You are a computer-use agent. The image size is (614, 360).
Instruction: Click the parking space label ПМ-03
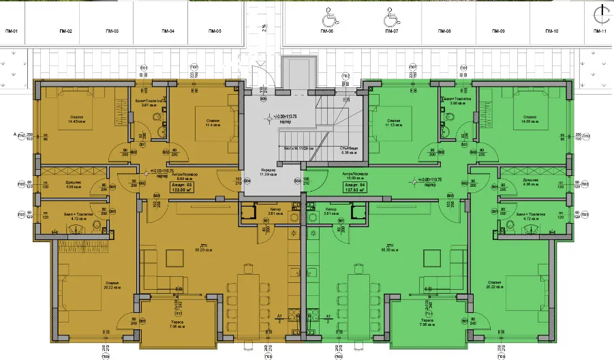(112, 32)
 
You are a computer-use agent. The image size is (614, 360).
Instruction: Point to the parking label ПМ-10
(551, 32)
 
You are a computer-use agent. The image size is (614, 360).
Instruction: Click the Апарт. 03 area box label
(181, 187)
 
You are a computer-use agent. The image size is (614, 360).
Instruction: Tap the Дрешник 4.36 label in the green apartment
(512, 183)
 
